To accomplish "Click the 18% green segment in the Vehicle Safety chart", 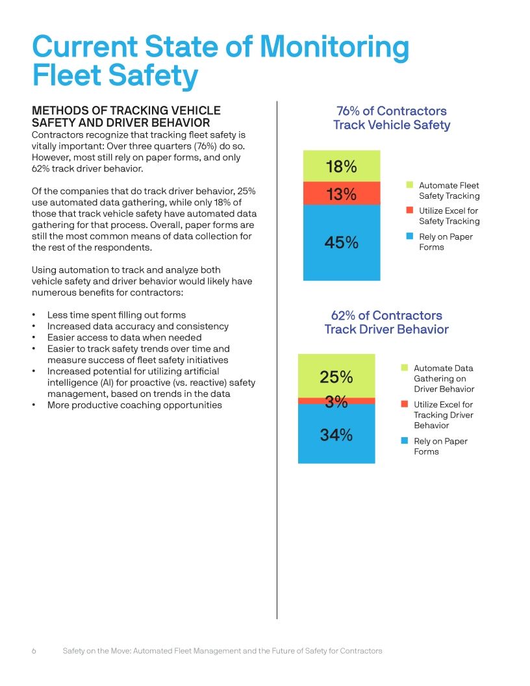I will pos(342,166).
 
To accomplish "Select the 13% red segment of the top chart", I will pos(342,194).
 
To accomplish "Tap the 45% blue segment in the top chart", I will pos(342,242).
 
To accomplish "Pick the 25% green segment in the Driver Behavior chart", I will pos(336,376).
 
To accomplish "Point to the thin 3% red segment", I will pos(336,401).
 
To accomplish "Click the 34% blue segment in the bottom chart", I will pos(336,434).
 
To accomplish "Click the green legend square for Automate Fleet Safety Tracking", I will pos(409,185).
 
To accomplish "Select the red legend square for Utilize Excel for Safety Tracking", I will pos(409,210).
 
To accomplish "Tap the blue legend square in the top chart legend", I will pos(409,236).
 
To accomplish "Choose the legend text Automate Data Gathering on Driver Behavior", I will pos(444,378).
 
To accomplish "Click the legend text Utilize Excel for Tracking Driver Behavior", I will pos(444,414).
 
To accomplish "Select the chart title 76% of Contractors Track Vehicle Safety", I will pos(391,118).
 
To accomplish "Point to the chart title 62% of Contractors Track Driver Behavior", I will pos(386,322).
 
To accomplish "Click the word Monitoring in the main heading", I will pos(334,47).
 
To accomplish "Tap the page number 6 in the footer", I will pos(34,650).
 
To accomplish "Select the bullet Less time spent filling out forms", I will pos(116,315).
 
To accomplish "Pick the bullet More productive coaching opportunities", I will pos(134,405).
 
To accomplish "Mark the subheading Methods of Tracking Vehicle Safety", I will pos(126,116).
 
